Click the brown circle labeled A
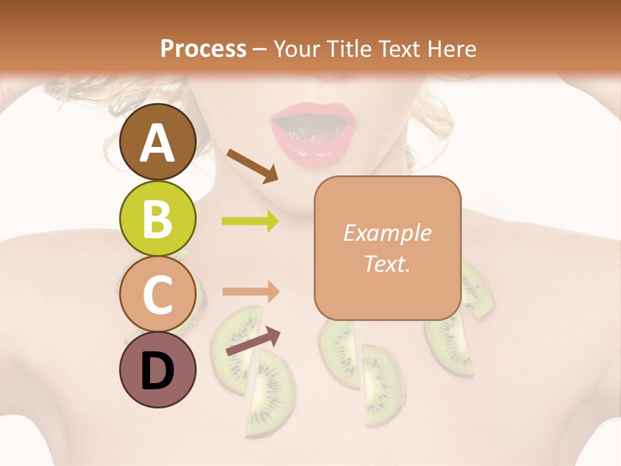[158, 142]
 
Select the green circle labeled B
[158, 218]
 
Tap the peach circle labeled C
[158, 294]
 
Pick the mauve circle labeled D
[158, 370]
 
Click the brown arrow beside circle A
[252, 165]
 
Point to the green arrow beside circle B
[250, 221]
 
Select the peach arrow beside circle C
[250, 291]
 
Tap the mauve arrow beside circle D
[253, 341]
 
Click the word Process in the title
[203, 49]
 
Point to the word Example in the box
[387, 233]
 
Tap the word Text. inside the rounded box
[387, 263]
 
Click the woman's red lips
[314, 138]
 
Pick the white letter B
[158, 218]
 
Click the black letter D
[158, 371]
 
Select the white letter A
[158, 142]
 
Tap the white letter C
[158, 294]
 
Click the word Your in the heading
[298, 49]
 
